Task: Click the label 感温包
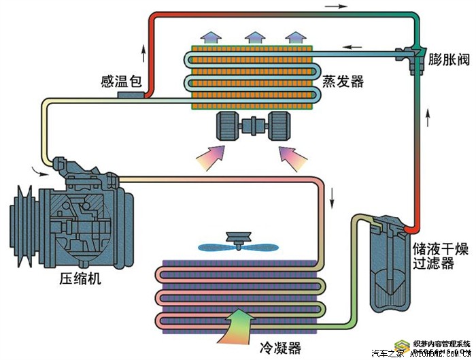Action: (120, 82)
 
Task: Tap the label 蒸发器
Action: (343, 82)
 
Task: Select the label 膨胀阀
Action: (449, 59)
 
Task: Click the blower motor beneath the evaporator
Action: (251, 127)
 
